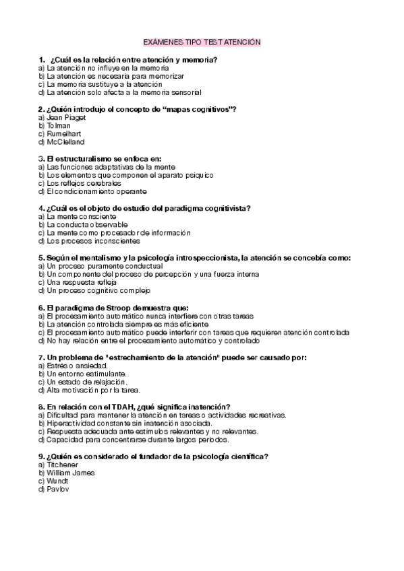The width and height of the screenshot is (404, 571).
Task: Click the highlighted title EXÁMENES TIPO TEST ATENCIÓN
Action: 202,42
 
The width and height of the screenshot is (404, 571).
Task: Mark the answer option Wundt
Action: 56,481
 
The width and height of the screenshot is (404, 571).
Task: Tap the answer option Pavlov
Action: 57,490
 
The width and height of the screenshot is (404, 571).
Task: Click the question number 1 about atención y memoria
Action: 42,59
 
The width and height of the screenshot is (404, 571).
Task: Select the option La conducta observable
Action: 82,224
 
